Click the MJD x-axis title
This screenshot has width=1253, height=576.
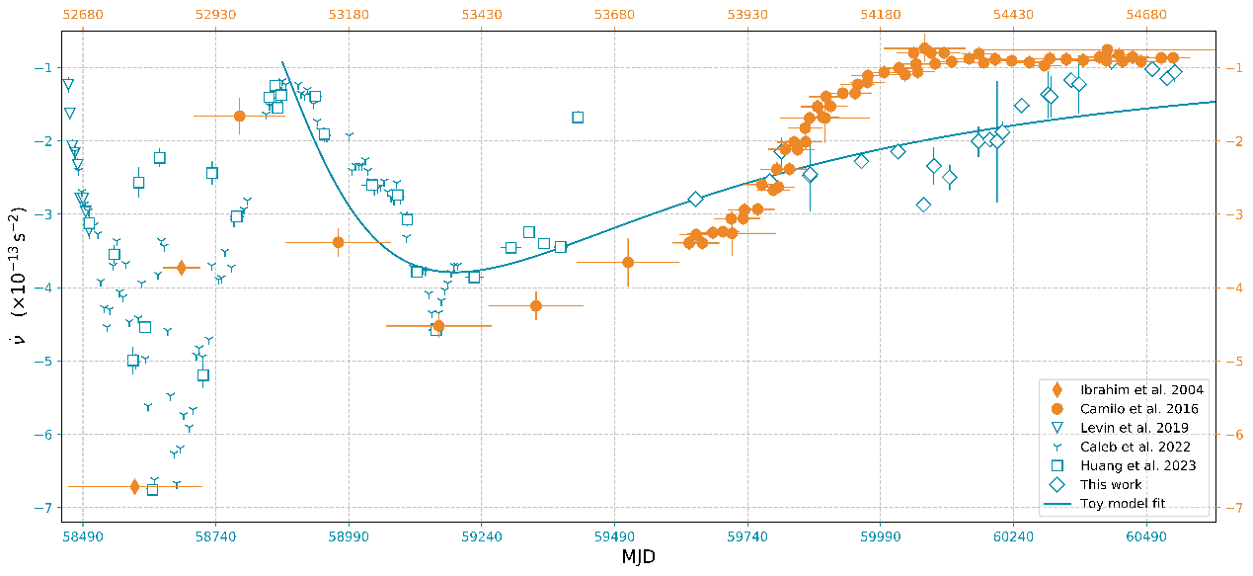pyautogui.click(x=639, y=557)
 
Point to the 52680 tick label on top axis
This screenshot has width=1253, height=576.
pyautogui.click(x=82, y=14)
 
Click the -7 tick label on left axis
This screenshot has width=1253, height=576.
pyautogui.click(x=50, y=508)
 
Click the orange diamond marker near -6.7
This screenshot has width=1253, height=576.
pyautogui.click(x=134, y=486)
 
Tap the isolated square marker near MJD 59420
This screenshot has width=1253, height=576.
pyautogui.click(x=578, y=118)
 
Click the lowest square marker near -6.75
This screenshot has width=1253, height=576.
pyautogui.click(x=152, y=489)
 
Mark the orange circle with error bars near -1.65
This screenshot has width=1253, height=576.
pyautogui.click(x=239, y=116)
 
